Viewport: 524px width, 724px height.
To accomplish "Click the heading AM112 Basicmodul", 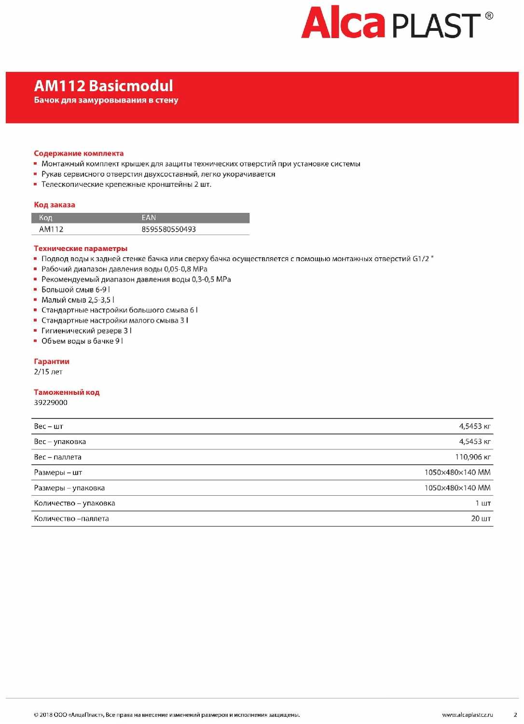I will (103, 86).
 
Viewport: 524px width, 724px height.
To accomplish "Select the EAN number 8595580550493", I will (168, 229).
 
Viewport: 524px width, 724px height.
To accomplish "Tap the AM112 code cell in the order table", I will (51, 229).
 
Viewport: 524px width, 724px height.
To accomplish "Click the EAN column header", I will (149, 218).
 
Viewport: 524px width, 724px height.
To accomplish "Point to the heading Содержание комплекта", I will (79, 153).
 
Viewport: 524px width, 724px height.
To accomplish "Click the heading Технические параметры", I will (81, 249).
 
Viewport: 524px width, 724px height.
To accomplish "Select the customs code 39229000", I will (51, 403).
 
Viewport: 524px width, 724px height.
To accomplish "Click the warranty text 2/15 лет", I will (48, 372).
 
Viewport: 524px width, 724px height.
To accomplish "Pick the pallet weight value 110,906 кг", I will (472, 457).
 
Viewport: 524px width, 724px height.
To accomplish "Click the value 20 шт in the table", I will (481, 518).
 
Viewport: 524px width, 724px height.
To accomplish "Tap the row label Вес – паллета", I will (58, 457).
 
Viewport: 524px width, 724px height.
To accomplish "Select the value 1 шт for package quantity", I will (483, 503).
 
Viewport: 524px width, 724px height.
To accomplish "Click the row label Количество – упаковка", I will (74, 503).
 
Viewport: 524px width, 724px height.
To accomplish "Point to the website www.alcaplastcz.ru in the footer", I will (467, 715).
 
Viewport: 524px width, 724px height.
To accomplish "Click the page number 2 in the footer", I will (515, 715).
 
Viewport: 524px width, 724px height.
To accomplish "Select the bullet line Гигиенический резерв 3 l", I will (86, 331).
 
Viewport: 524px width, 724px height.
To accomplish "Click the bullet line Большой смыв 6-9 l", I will (76, 290).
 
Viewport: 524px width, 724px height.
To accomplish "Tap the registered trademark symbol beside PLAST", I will (489, 16).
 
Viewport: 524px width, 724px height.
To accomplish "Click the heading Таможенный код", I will (67, 392).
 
